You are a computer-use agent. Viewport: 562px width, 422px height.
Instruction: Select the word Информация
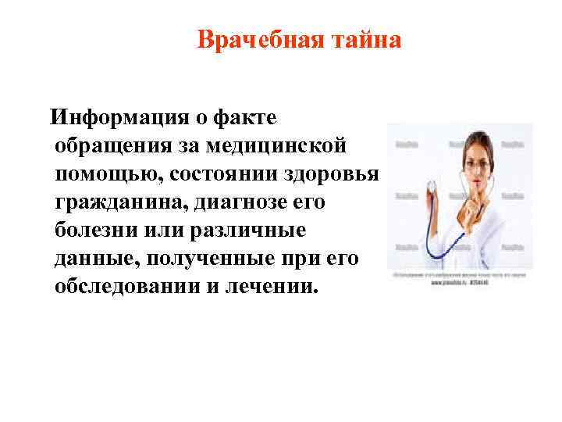(x=117, y=118)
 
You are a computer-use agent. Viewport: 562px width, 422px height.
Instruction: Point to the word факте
(x=244, y=118)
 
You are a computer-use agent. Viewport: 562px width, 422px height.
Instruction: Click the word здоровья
(x=327, y=174)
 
